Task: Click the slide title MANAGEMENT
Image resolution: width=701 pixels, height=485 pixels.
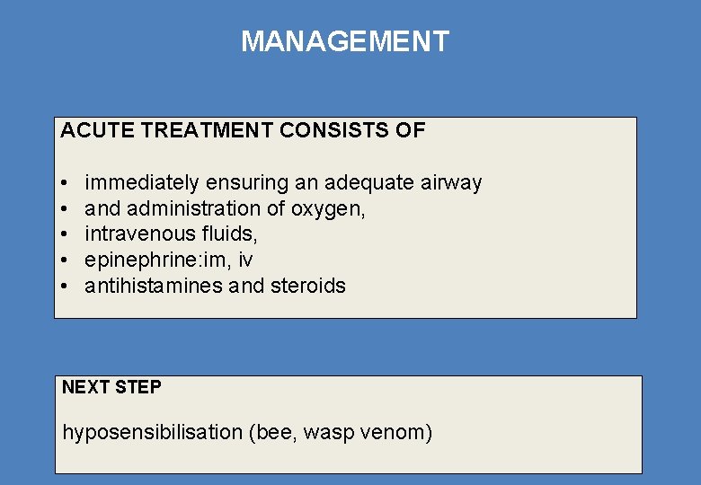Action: tap(345, 41)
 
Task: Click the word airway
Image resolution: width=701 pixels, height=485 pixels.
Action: tap(452, 183)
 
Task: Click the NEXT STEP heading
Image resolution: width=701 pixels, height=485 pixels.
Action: tap(111, 388)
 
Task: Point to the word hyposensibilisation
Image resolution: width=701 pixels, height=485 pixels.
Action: tap(152, 433)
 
